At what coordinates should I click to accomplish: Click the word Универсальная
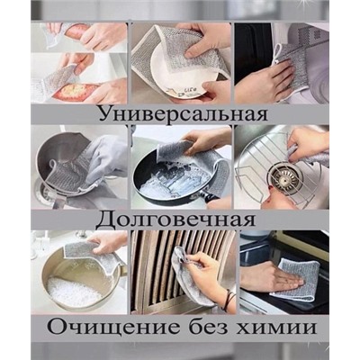click(183, 113)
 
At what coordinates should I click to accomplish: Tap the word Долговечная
click(176, 219)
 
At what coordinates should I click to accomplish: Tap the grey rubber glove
click(107, 159)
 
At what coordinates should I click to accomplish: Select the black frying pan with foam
click(177, 178)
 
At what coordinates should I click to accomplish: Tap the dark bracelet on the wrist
click(229, 300)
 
